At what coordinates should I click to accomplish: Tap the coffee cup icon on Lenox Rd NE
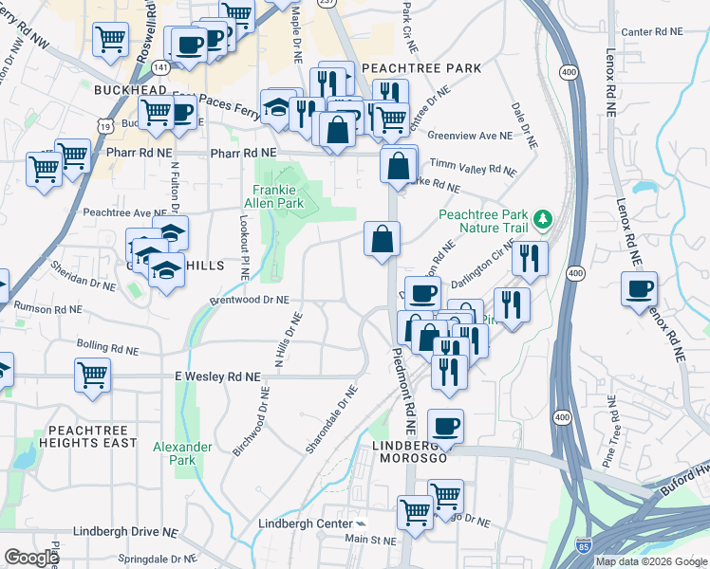[639, 287]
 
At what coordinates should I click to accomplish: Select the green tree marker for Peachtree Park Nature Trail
[542, 221]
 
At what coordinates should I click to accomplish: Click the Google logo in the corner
[31, 558]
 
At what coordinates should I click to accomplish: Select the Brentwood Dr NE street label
[249, 299]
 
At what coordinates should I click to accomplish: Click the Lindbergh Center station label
[306, 523]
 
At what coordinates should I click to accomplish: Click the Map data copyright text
[651, 561]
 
